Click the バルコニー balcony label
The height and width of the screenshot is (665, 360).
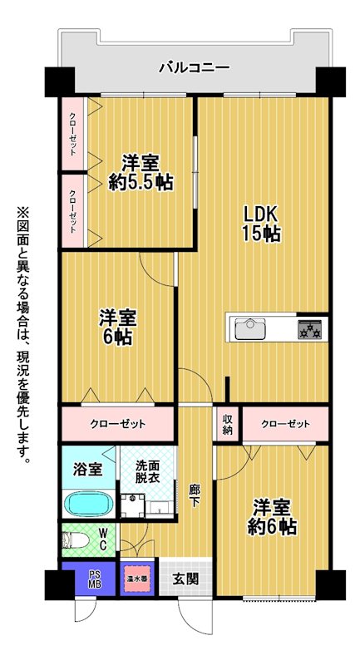click(195, 68)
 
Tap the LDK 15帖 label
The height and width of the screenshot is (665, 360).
click(261, 224)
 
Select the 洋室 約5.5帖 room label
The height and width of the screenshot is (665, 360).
click(141, 173)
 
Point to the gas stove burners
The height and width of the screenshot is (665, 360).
click(310, 329)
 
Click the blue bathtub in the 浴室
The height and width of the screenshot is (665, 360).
click(89, 504)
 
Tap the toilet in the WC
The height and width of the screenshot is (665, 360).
click(76, 541)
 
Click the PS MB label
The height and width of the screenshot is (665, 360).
click(94, 578)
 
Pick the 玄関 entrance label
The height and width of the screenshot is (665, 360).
click(185, 579)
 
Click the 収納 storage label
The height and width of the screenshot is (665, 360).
click(228, 424)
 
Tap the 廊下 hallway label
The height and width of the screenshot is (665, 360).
click(195, 495)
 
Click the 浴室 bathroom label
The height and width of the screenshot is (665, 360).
click(88, 469)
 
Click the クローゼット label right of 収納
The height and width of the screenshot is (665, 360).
click(285, 423)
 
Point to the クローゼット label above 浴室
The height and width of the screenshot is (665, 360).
click(118, 423)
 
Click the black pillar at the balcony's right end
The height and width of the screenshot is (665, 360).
click(330, 81)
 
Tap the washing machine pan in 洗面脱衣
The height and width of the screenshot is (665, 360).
click(133, 505)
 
